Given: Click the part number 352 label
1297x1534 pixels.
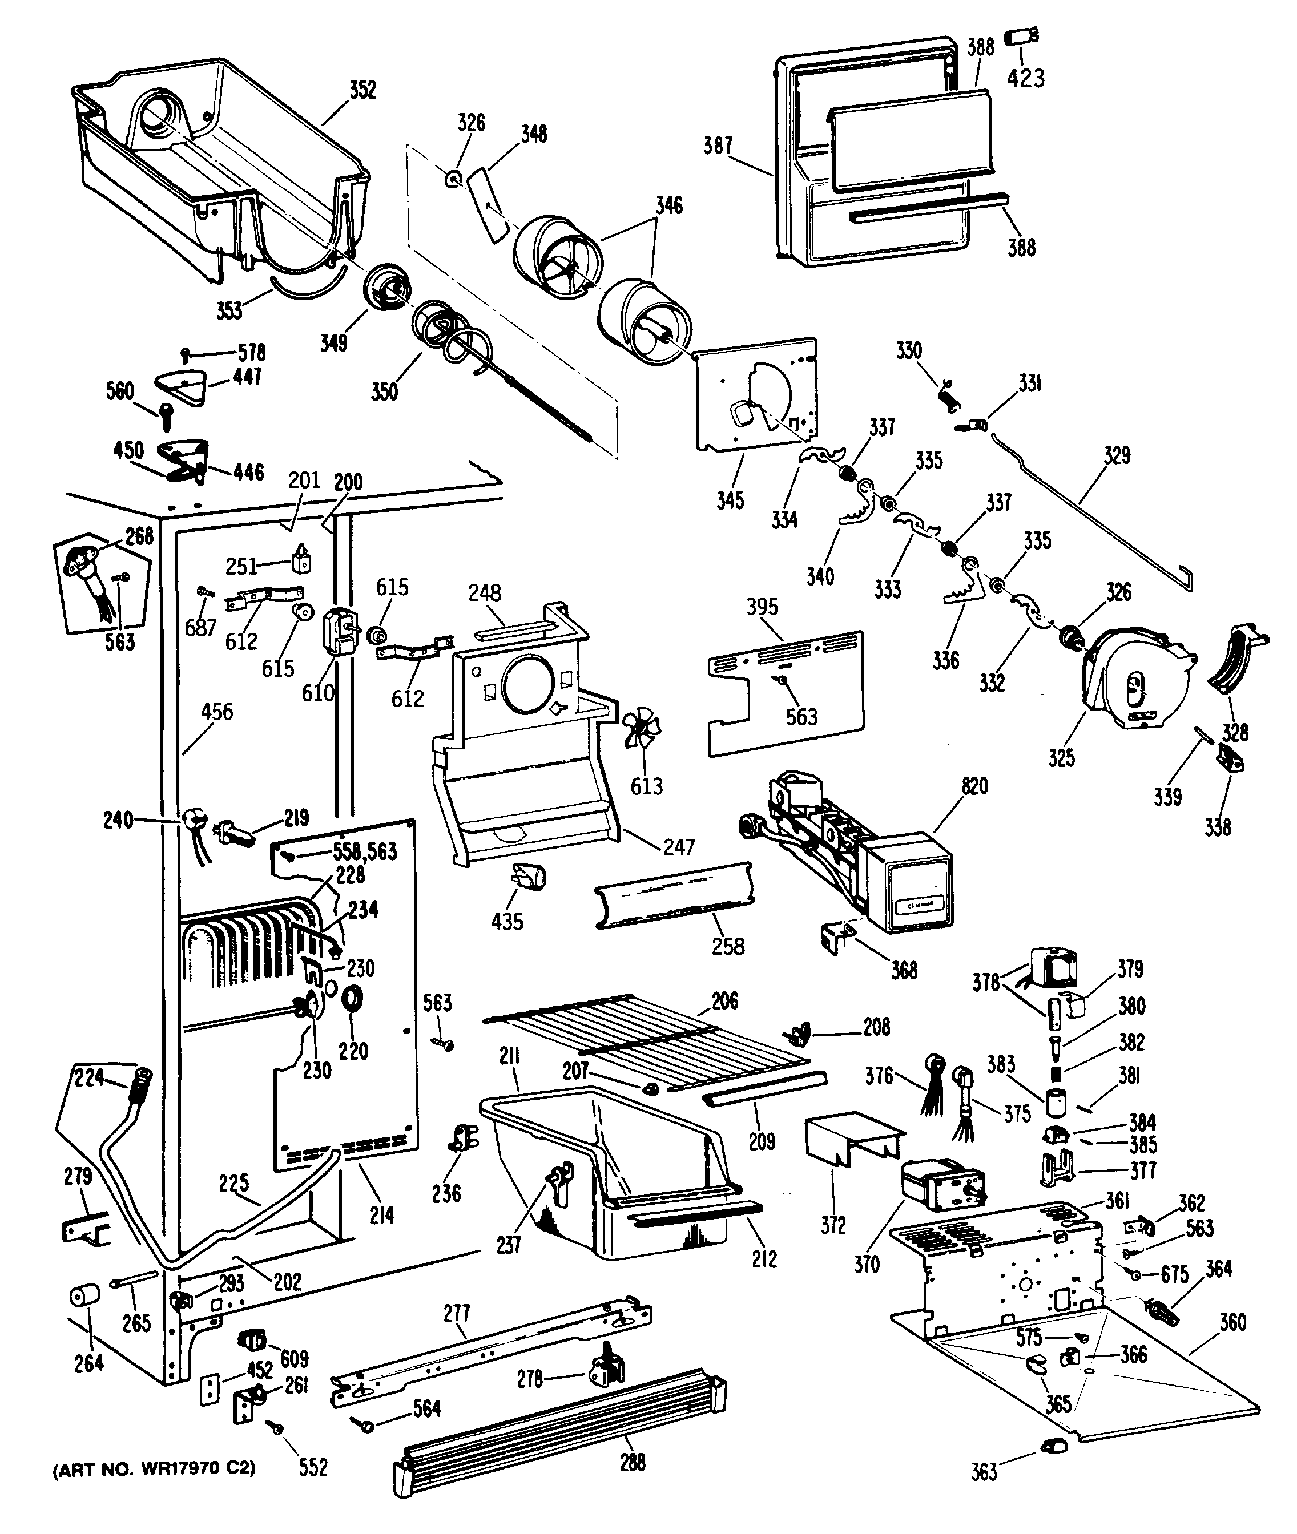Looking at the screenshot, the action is (x=362, y=90).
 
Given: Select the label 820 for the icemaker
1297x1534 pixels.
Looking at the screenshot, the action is (x=974, y=786).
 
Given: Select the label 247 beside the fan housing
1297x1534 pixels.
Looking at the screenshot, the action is (x=678, y=847).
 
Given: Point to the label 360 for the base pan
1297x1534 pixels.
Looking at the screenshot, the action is (x=1232, y=1322).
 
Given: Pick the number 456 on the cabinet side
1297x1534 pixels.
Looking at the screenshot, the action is (x=217, y=712).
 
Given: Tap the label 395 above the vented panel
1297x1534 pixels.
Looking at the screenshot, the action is (x=763, y=607).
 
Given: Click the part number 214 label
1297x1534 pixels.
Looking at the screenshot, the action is (x=381, y=1215).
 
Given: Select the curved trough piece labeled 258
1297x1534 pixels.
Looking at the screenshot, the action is (x=675, y=896).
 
